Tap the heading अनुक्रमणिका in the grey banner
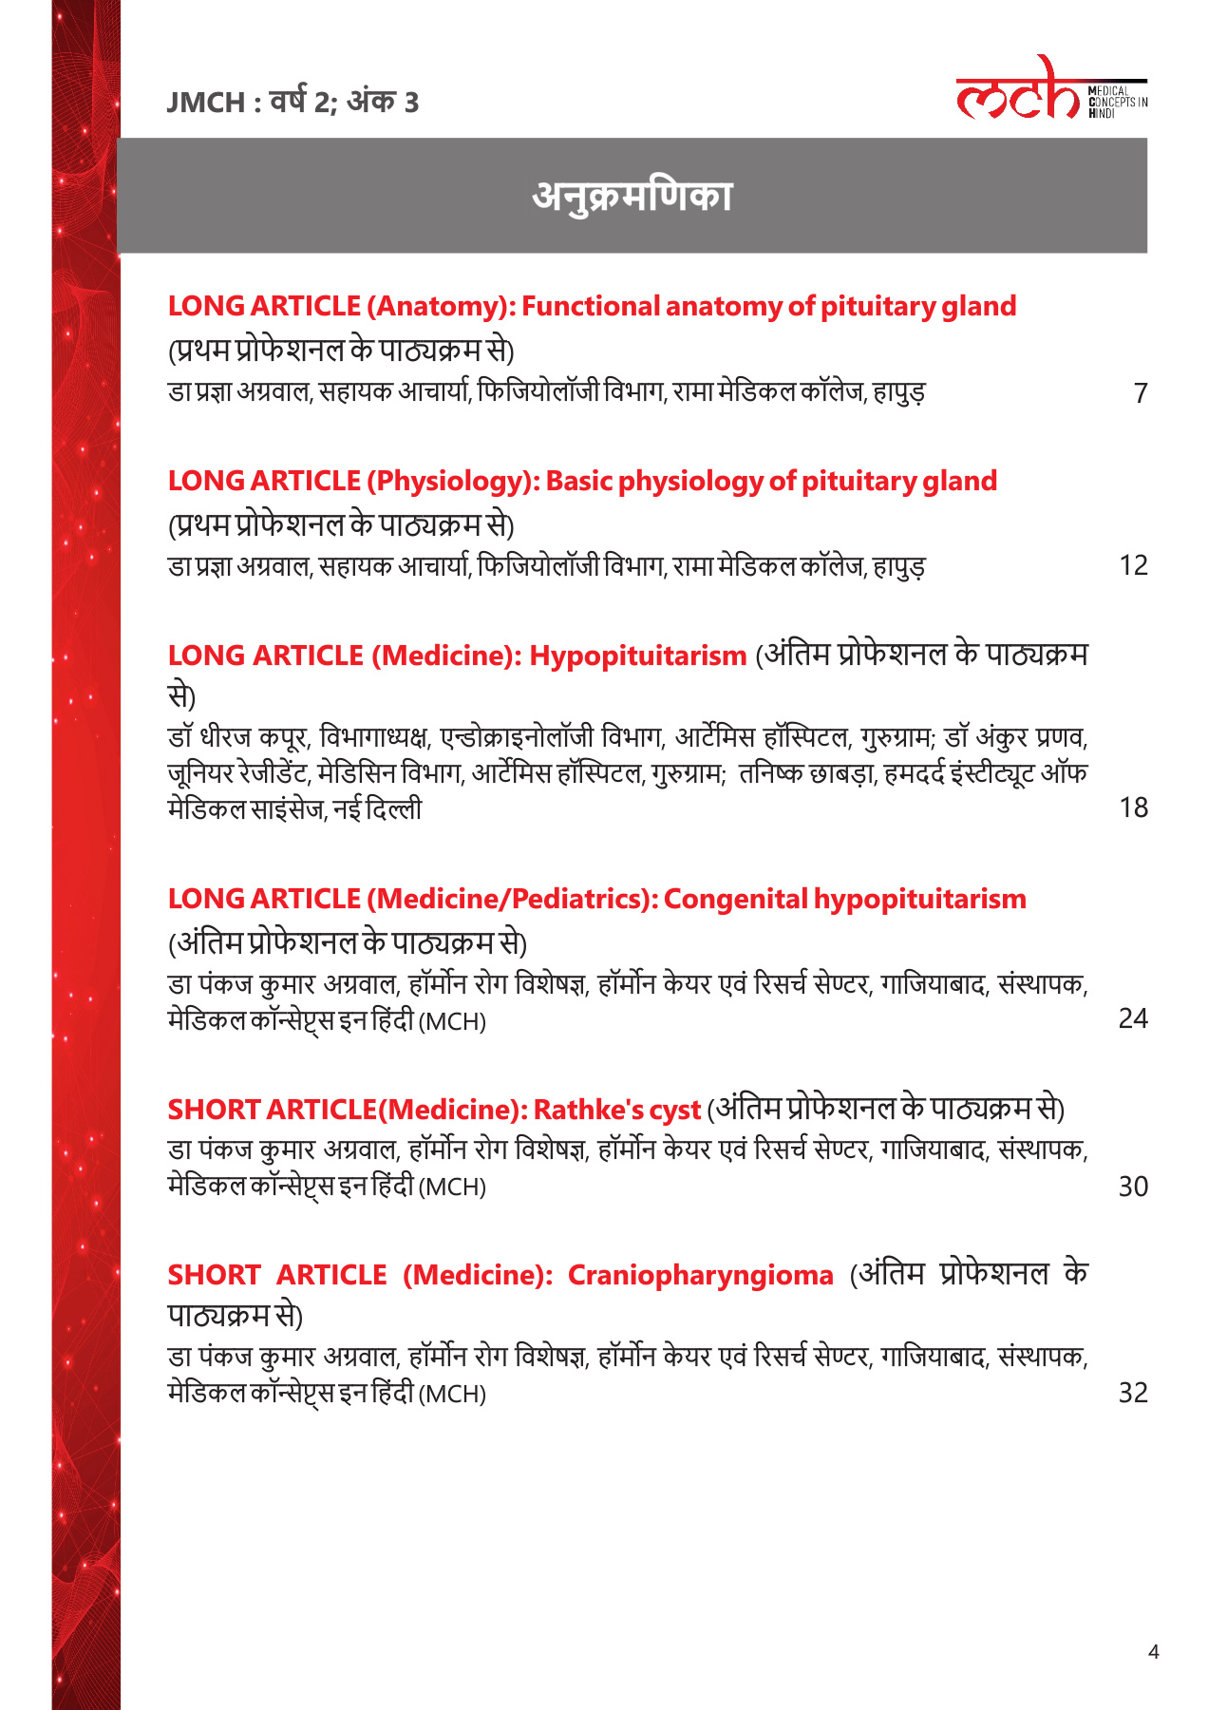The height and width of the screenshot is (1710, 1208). pyautogui.click(x=632, y=196)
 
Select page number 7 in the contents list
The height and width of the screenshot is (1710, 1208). pyautogui.click(x=1141, y=392)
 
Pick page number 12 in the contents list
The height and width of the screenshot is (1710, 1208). pyautogui.click(x=1133, y=565)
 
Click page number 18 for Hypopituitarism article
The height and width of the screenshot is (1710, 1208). pyautogui.click(x=1133, y=807)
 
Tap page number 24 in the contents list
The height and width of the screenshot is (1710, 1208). pyautogui.click(x=1133, y=1018)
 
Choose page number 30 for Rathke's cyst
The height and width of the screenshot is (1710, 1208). pyautogui.click(x=1133, y=1187)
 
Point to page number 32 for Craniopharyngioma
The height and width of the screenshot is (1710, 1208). pyautogui.click(x=1133, y=1393)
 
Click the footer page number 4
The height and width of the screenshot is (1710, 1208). pyautogui.click(x=1153, y=1652)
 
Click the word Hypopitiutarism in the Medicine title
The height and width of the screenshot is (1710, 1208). pyautogui.click(x=637, y=655)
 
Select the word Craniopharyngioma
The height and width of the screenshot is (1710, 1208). pyautogui.click(x=700, y=1275)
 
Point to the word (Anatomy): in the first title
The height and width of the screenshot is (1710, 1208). pyautogui.click(x=441, y=306)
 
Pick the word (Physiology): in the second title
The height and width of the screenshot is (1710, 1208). pyautogui.click(x=454, y=481)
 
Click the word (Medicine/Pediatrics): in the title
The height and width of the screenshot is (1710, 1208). pyautogui.click(x=512, y=899)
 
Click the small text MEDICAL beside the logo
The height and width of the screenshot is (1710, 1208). pyautogui.click(x=1108, y=92)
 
